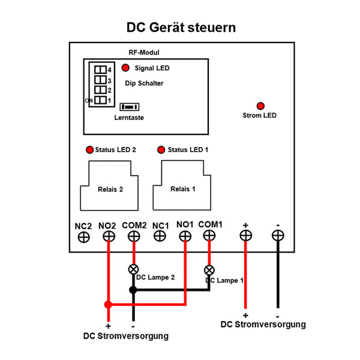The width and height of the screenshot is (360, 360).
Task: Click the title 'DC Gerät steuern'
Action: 181,28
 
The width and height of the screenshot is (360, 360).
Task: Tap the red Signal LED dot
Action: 126,68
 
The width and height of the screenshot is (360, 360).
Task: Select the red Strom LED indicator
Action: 260,105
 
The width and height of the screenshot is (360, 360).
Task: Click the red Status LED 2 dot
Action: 90,149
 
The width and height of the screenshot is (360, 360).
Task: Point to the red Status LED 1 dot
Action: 160,149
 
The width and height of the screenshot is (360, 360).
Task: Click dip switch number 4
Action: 100,70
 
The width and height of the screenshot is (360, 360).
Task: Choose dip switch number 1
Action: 100,100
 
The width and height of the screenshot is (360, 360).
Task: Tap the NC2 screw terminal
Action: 83,237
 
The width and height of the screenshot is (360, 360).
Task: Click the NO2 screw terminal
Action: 109,236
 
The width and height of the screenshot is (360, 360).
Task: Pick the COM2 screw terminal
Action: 134,236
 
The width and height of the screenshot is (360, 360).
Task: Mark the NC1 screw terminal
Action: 160,236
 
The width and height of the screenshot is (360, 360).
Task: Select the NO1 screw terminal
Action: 185,236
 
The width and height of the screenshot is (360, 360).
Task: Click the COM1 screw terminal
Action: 209,236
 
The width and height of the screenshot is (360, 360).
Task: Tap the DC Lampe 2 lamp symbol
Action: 134,269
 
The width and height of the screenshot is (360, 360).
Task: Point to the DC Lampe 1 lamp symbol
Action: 209,269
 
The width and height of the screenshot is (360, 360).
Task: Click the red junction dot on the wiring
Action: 108,305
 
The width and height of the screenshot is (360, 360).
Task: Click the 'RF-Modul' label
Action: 144,53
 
